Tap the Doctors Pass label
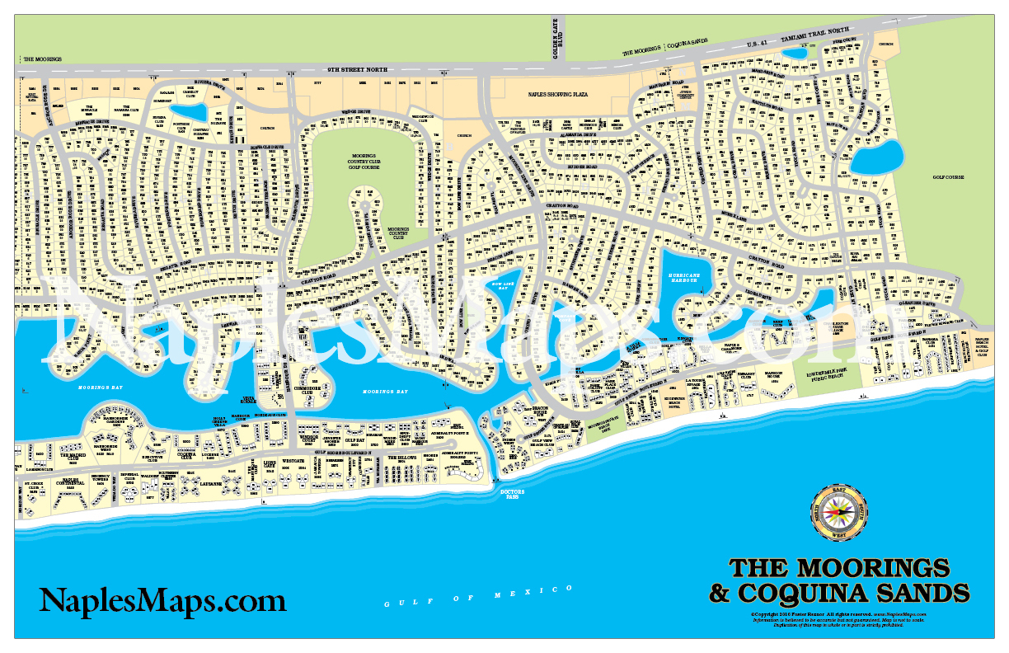(x=512, y=494)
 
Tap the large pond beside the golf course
(x=876, y=157)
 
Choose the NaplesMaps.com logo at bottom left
(x=162, y=599)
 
